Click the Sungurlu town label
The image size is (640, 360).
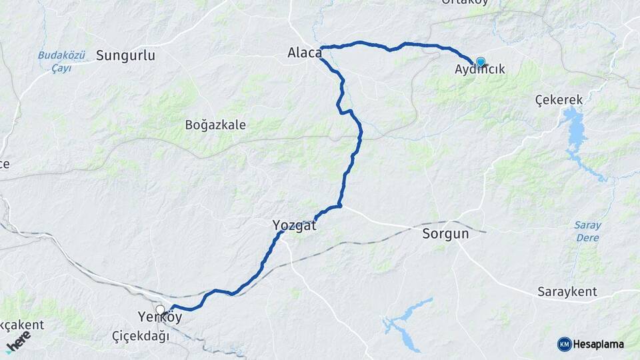tap(125, 55)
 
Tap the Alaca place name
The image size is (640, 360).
tap(305, 52)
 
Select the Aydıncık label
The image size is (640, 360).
tap(479, 69)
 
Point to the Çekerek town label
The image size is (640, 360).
tap(559, 100)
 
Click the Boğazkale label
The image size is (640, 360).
tap(215, 125)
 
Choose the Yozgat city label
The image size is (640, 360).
tap(294, 225)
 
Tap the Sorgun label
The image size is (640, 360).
tap(445, 234)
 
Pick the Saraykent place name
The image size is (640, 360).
tap(567, 292)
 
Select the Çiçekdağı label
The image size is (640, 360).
tap(140, 336)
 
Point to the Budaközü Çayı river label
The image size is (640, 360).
tap(61, 62)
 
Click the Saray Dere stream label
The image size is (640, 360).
tap(587, 231)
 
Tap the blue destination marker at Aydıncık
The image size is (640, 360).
tap(480, 62)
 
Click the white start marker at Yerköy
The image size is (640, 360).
tap(161, 309)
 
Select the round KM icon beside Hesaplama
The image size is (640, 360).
tap(564, 344)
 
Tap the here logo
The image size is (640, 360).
tap(18, 340)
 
